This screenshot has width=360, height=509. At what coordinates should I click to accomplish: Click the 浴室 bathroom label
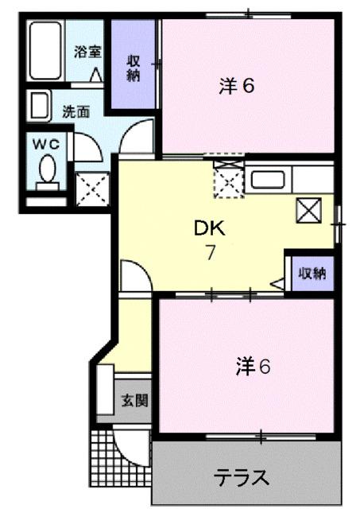[x=88, y=52]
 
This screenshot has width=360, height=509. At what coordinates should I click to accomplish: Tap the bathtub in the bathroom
[x=45, y=51]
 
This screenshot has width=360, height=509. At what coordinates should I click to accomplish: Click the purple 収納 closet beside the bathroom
[x=133, y=66]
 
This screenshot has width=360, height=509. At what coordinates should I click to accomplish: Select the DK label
[x=211, y=229]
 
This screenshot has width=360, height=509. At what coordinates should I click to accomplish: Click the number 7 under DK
[x=211, y=254]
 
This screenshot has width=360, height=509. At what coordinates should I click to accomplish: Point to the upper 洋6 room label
[x=236, y=86]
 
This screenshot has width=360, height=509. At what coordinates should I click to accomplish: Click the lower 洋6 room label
[x=253, y=367]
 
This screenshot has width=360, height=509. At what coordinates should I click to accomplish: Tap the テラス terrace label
[x=242, y=478]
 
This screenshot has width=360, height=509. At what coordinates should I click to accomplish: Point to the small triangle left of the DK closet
[x=279, y=282]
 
